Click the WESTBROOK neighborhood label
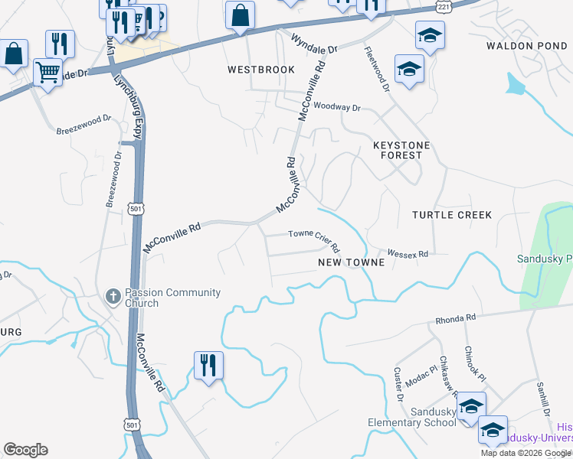[x=261, y=70]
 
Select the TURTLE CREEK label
[x=452, y=215]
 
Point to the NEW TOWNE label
[x=351, y=262]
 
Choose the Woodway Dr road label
[x=336, y=108]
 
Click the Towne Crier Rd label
[x=313, y=240]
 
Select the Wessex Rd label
[x=407, y=252]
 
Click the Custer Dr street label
[x=398, y=384]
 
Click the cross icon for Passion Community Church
[x=113, y=297]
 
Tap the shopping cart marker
[x=48, y=73]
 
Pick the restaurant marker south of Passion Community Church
[x=208, y=365]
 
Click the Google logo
[x=25, y=450]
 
